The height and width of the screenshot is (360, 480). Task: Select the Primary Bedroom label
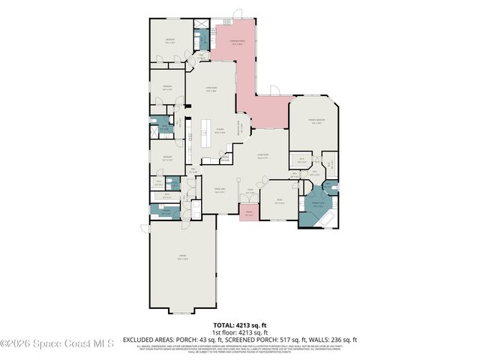(x=316, y=121)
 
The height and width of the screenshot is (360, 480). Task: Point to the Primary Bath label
(x=317, y=203)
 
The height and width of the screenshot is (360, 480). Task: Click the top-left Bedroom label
(x=171, y=40)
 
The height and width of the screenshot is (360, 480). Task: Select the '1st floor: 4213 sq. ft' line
(x=239, y=331)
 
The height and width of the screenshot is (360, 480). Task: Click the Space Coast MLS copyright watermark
(x=57, y=343)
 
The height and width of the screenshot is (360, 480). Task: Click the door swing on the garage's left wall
(x=145, y=227)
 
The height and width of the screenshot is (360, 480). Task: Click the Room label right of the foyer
(x=279, y=202)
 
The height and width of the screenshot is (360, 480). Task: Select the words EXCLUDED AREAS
(x=149, y=339)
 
